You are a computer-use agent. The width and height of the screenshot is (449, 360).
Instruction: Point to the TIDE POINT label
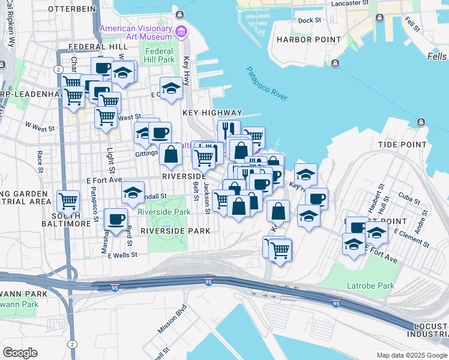coord(403,145)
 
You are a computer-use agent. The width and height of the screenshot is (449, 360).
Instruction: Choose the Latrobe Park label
coord(371,286)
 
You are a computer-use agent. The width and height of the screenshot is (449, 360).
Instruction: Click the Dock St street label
coord(310,20)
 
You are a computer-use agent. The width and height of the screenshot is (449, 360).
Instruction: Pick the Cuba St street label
coord(408,195)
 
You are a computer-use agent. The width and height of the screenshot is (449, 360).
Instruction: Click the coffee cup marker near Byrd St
coord(116,219)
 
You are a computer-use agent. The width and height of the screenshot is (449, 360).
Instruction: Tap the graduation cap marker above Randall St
coord(133,193)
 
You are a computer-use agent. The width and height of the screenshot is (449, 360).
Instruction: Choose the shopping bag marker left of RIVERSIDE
coord(171,154)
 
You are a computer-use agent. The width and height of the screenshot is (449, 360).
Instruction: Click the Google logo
coord(20,353)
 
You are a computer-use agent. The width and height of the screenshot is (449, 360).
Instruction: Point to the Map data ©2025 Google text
coord(412,355)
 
